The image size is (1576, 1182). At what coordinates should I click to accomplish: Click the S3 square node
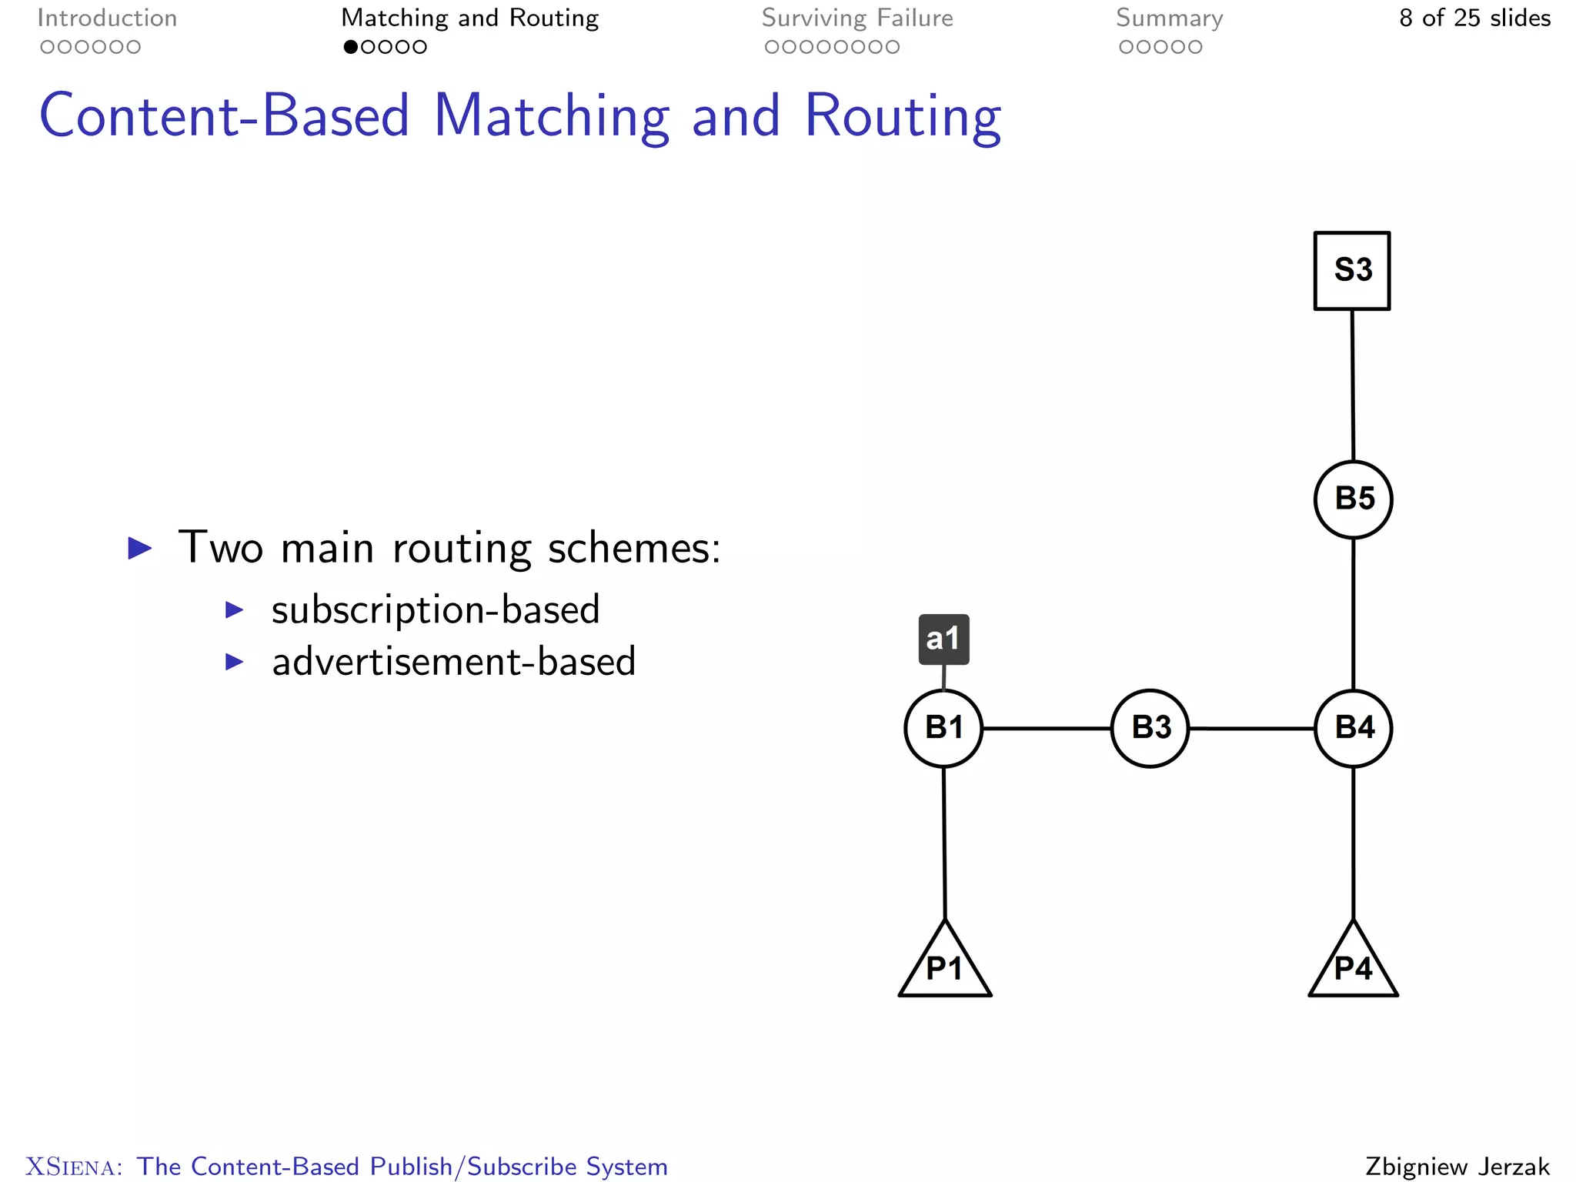tap(1352, 271)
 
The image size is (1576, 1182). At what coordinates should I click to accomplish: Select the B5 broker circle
tap(1354, 499)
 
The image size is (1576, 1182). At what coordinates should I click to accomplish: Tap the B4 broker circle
tap(1354, 728)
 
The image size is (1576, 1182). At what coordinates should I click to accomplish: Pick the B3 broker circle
tap(1150, 728)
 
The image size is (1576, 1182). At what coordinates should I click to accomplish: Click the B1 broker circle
tap(943, 728)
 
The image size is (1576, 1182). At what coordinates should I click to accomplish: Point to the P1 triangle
tap(945, 965)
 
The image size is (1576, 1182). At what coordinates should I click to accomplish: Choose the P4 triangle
tap(1353, 965)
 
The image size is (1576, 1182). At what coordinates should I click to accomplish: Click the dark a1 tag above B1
tap(943, 639)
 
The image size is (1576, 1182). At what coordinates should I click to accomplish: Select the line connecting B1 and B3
tap(1047, 728)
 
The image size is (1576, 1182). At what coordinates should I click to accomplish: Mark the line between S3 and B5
tap(1353, 385)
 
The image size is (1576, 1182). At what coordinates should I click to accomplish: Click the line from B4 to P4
tap(1354, 843)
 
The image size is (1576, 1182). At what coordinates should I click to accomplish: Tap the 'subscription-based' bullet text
tap(436, 610)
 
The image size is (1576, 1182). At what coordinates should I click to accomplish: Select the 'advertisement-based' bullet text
tap(454, 662)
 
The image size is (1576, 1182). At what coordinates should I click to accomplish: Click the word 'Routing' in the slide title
tap(903, 117)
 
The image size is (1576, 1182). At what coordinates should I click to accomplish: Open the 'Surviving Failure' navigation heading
tap(857, 18)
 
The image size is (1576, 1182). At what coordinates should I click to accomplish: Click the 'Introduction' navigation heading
tap(107, 18)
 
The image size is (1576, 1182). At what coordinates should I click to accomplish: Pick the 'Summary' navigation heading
tap(1169, 18)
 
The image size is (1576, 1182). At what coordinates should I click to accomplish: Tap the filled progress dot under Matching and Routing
tap(351, 47)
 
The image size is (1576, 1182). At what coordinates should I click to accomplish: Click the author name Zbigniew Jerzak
tap(1457, 1167)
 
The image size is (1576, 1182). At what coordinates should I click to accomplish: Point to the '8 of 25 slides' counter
tap(1474, 18)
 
